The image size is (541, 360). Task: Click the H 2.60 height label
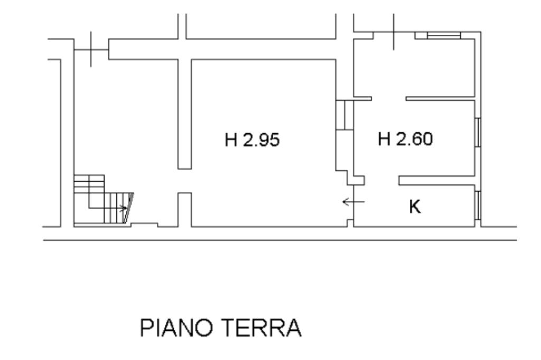point(405,139)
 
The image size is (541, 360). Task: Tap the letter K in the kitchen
point(415,207)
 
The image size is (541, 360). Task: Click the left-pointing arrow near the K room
point(353,202)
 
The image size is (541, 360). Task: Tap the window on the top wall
point(443,35)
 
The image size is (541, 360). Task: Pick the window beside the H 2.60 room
point(477,131)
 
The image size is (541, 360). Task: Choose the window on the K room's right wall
point(477,205)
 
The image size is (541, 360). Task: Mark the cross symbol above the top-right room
point(394,33)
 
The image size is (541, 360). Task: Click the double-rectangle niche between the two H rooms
point(344,115)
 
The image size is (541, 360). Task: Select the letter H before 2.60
point(384,139)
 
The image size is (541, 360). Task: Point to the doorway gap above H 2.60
point(388,98)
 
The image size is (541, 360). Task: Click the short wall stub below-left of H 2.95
point(184,209)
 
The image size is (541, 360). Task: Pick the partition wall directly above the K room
point(435,181)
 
